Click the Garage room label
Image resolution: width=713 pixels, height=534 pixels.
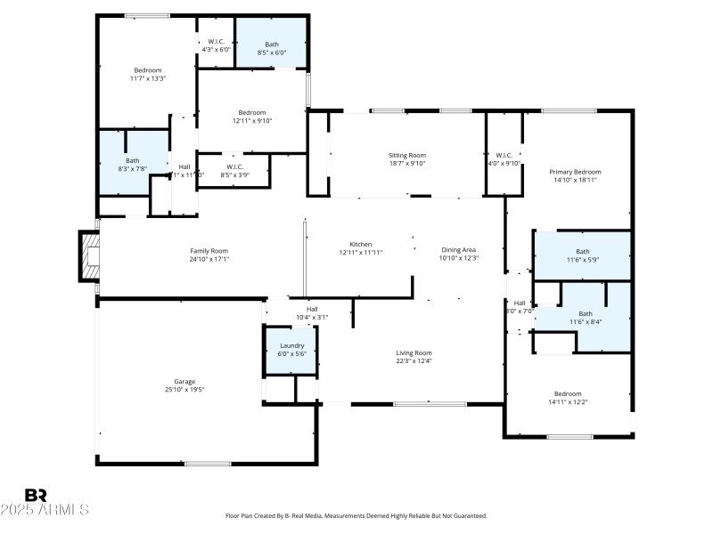[184, 381]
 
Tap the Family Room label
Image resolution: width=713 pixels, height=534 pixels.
[209, 251]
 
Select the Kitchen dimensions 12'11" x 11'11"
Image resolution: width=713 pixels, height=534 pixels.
[361, 253]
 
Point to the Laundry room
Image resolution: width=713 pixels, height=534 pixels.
[292, 350]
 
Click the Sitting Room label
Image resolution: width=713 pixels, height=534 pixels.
[406, 155]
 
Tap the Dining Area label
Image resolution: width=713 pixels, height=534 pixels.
[460, 250]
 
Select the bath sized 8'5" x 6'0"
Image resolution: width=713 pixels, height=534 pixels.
[272, 48]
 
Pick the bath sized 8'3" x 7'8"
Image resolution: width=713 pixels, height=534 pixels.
[132, 165]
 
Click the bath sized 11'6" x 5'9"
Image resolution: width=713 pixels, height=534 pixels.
[582, 255]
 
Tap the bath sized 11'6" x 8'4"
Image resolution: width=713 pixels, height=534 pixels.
[585, 318]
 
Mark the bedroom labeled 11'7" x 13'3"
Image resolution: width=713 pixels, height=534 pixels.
[148, 74]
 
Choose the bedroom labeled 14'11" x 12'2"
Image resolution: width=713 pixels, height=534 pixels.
[568, 398]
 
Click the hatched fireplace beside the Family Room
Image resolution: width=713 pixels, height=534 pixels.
[90, 256]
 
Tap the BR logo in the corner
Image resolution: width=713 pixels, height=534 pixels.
[36, 495]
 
